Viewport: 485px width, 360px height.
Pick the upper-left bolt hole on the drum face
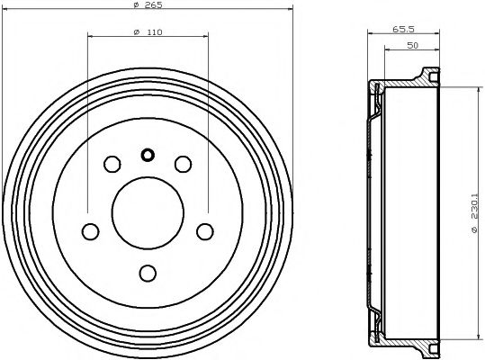click(112, 164)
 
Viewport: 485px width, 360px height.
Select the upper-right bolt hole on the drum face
click(183, 164)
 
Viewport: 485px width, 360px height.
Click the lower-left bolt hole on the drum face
click(90, 231)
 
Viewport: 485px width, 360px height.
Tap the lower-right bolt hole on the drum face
click(205, 231)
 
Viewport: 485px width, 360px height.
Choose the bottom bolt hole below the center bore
click(148, 273)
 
